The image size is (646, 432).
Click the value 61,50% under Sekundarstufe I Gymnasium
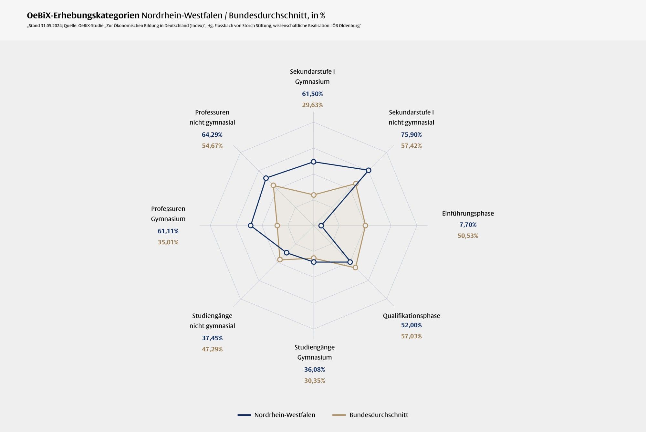(312, 94)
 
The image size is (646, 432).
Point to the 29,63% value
(312, 105)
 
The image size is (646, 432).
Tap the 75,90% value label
(411, 134)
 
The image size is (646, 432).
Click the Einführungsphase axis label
(468, 213)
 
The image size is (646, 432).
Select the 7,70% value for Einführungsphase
(468, 225)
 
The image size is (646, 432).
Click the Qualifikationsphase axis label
(411, 316)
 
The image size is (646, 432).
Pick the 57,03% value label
(411, 336)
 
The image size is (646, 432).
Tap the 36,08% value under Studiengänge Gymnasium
(314, 369)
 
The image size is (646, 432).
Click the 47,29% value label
(212, 349)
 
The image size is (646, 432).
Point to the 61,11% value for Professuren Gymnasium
(168, 231)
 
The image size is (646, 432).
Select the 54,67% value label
(212, 146)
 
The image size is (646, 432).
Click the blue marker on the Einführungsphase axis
(321, 226)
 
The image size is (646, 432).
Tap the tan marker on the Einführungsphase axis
(365, 226)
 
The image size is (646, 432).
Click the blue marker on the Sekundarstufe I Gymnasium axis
(313, 162)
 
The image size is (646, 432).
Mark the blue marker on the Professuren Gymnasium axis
(251, 226)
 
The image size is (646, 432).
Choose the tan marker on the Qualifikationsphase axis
(355, 268)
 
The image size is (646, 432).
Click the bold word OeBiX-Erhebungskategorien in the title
(83, 16)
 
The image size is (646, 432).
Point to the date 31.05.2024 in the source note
(51, 26)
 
